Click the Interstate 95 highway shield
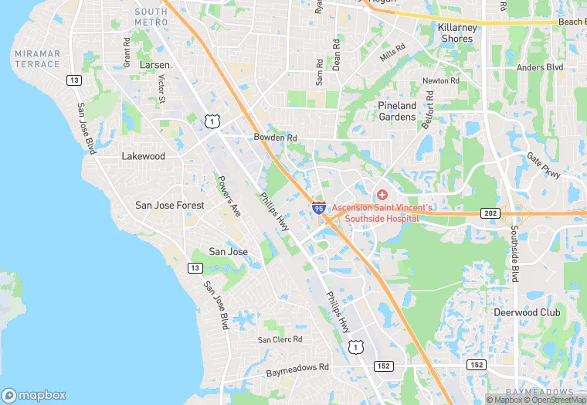point(319,209)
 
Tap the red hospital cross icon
point(382,192)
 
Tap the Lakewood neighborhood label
point(144,156)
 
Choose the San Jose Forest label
point(170,206)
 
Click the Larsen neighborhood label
point(154,66)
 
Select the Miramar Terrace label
point(37,58)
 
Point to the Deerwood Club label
point(527,313)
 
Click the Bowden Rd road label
point(275,138)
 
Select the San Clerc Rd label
point(280,339)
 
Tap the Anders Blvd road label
point(540,67)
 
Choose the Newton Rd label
point(440,80)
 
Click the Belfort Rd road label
point(427,110)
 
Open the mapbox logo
point(34,395)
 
